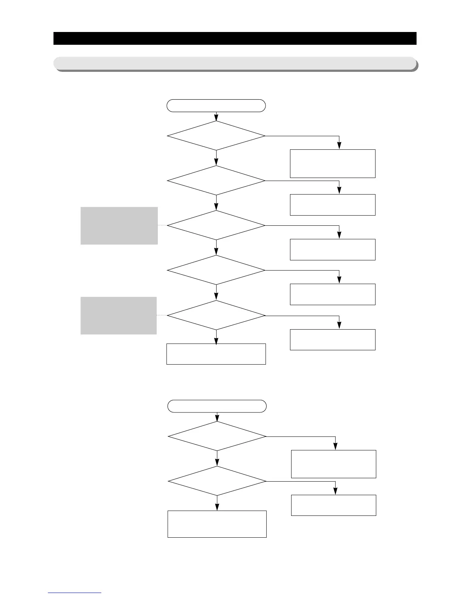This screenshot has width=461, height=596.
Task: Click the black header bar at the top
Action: click(x=235, y=38)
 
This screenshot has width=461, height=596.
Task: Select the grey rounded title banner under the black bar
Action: click(x=235, y=63)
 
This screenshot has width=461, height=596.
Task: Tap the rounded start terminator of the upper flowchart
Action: click(x=216, y=106)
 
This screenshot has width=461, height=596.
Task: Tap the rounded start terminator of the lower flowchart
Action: click(x=217, y=406)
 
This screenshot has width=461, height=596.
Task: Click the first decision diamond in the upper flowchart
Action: click(x=216, y=135)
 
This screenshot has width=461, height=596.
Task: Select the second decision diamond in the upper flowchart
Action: click(x=216, y=180)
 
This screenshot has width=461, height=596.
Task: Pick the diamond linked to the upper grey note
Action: click(x=216, y=225)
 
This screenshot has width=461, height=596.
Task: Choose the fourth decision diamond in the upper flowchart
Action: click(x=216, y=270)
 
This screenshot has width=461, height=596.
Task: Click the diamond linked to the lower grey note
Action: click(x=216, y=315)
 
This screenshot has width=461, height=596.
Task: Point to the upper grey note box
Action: click(x=119, y=225)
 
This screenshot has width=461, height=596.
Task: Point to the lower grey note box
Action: click(x=119, y=315)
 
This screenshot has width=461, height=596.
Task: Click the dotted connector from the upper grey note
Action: click(x=162, y=225)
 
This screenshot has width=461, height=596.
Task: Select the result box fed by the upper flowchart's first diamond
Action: click(x=333, y=163)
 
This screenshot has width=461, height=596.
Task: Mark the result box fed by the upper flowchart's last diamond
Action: click(x=333, y=339)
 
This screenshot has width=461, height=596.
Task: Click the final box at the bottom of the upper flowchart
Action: click(x=216, y=354)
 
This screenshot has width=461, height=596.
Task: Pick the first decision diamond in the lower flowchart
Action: click(x=217, y=436)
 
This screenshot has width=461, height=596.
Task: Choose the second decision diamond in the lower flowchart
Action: click(x=217, y=481)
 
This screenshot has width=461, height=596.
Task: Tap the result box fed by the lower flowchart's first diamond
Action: click(x=334, y=464)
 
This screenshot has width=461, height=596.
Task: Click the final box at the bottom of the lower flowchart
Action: click(x=217, y=524)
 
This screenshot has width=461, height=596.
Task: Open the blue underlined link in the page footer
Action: click(x=75, y=593)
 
